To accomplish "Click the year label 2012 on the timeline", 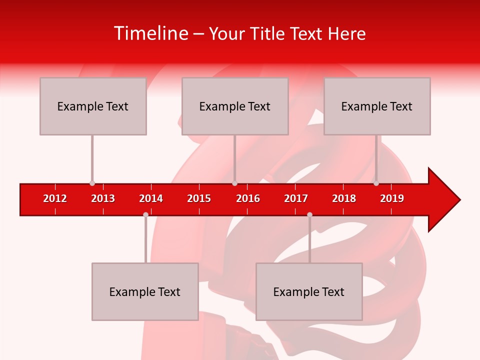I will click(x=55, y=198).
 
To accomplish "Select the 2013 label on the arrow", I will click(x=103, y=198).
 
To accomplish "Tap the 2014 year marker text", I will click(x=151, y=198).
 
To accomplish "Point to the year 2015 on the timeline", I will click(x=199, y=198).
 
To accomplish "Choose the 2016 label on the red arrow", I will click(x=248, y=198).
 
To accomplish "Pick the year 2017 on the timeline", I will click(x=296, y=198).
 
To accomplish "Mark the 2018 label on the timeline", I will click(x=344, y=198).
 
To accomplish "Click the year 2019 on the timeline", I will click(x=392, y=198).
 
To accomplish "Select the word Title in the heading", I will click(x=268, y=33).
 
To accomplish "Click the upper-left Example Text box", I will click(x=93, y=106).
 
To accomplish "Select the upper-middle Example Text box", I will click(x=235, y=106).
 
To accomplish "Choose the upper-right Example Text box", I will click(x=377, y=106).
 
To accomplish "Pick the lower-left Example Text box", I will click(x=145, y=291).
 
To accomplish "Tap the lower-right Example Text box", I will click(x=309, y=291).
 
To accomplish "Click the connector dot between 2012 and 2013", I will click(x=92, y=183).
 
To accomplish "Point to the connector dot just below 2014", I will click(x=145, y=215).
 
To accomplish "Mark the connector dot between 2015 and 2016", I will click(x=234, y=183).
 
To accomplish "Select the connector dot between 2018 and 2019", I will click(x=376, y=183).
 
